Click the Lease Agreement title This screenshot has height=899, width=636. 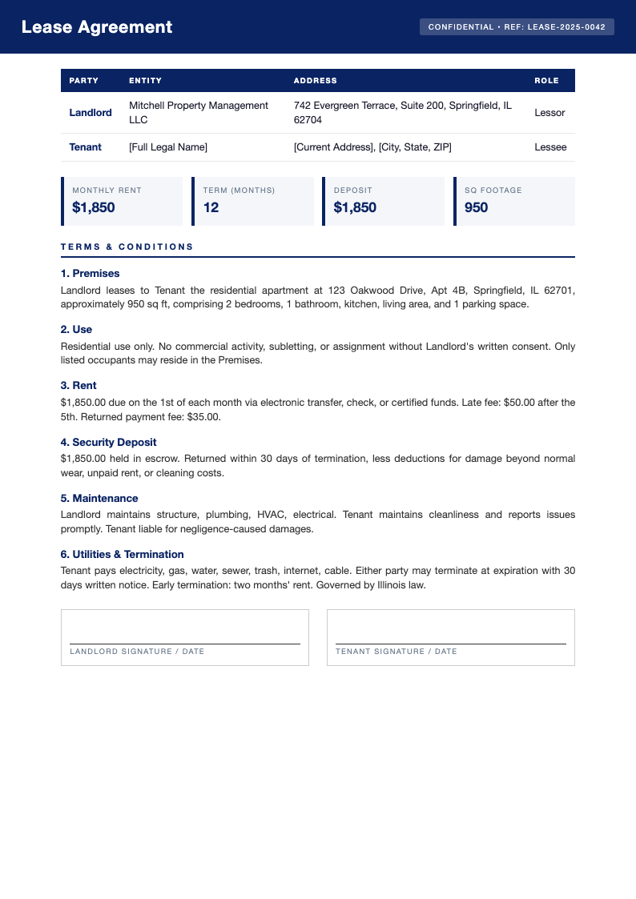[x=96, y=27]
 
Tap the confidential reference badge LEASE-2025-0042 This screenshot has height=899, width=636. [x=517, y=27]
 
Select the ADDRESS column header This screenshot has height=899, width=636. [x=315, y=81]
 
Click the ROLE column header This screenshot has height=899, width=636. [x=546, y=81]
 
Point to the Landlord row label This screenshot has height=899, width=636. [x=91, y=113]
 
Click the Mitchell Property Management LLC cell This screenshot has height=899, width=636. [x=199, y=113]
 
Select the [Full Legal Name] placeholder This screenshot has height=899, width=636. [x=168, y=147]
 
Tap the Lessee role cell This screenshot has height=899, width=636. [x=549, y=147]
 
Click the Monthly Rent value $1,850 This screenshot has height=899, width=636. [x=94, y=208]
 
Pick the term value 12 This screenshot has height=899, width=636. [x=211, y=208]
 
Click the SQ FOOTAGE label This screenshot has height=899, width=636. [x=493, y=191]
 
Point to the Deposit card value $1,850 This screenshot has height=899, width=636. [x=355, y=208]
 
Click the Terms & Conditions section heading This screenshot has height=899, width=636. [x=127, y=247]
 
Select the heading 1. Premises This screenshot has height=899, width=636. [x=90, y=274]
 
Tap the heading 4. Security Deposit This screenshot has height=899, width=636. [x=108, y=442]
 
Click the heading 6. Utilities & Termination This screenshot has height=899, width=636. [x=122, y=554]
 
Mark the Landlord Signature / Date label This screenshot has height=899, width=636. [x=137, y=652]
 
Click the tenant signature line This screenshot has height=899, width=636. [x=450, y=643]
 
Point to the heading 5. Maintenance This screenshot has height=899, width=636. [x=99, y=498]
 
